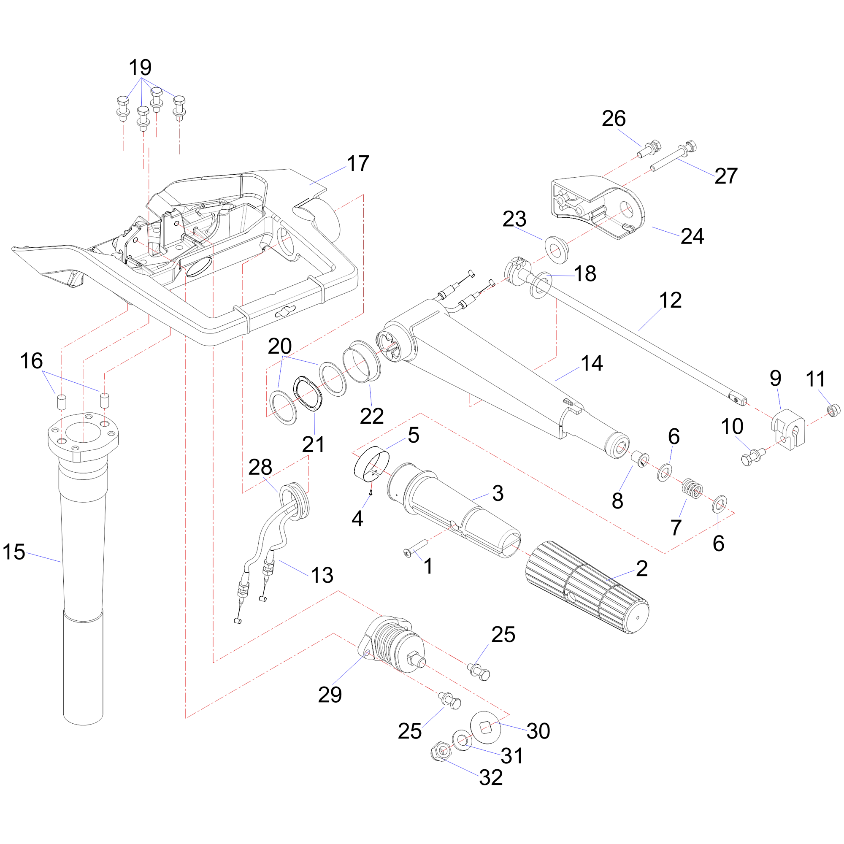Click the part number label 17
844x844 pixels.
tap(358, 163)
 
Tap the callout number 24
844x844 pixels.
tap(692, 236)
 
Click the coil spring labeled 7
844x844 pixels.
tap(693, 487)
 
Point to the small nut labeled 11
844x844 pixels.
tap(833, 410)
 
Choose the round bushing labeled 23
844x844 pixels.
tap(556, 250)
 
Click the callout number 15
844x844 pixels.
tap(14, 552)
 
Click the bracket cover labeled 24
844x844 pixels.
tap(598, 203)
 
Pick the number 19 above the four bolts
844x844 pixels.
tap(140, 68)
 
